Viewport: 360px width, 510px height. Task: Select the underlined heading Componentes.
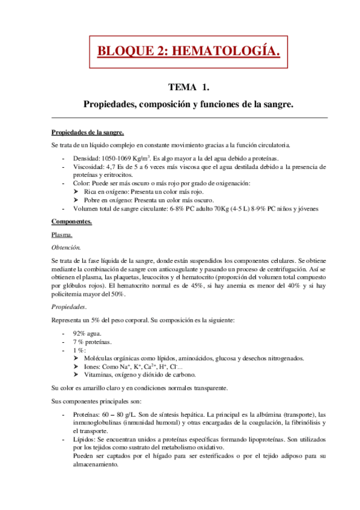click(x=72, y=222)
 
